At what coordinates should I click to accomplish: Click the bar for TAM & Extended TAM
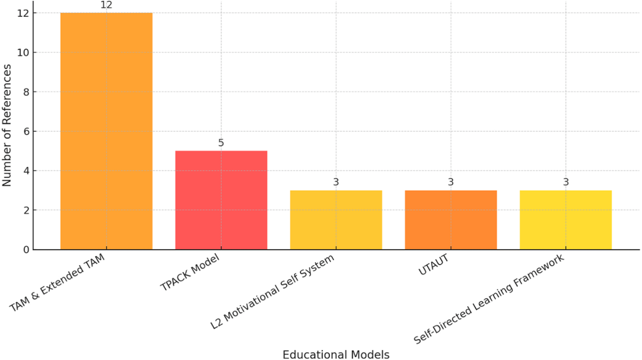[x=106, y=131]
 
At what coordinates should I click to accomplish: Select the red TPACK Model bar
[x=221, y=200]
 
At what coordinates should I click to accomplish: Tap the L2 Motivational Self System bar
[x=336, y=220]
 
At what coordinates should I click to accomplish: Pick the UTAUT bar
[x=451, y=220]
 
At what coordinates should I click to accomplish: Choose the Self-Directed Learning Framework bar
[x=566, y=220]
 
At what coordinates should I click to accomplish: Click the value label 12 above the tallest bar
[x=106, y=5]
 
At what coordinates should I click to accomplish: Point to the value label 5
[x=221, y=143]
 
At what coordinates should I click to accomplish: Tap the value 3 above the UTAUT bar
[x=451, y=182]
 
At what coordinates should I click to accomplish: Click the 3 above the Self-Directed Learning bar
[x=566, y=182]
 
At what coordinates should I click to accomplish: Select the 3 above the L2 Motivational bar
[x=336, y=182]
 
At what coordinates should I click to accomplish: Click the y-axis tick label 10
[x=23, y=53]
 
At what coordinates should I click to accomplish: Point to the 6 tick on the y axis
[x=26, y=132]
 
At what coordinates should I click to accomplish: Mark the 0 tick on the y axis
[x=26, y=250]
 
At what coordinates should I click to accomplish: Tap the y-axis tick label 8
[x=26, y=92]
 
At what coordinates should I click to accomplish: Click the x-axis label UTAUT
[x=433, y=265]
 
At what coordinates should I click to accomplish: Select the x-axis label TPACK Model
[x=190, y=272]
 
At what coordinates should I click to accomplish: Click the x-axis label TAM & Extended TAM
[x=57, y=283]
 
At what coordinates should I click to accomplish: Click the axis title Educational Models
[x=336, y=355]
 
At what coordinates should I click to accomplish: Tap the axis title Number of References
[x=7, y=125]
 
